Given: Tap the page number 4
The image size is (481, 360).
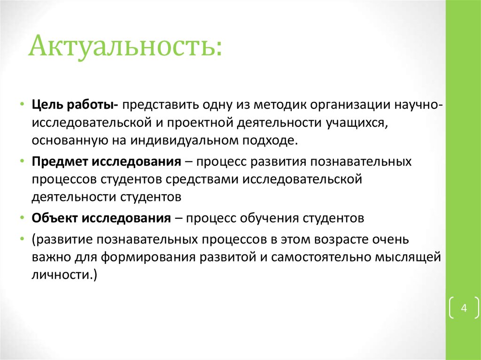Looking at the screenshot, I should pyautogui.click(x=464, y=308).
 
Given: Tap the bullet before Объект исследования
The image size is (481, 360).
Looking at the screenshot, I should pyautogui.click(x=23, y=218).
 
